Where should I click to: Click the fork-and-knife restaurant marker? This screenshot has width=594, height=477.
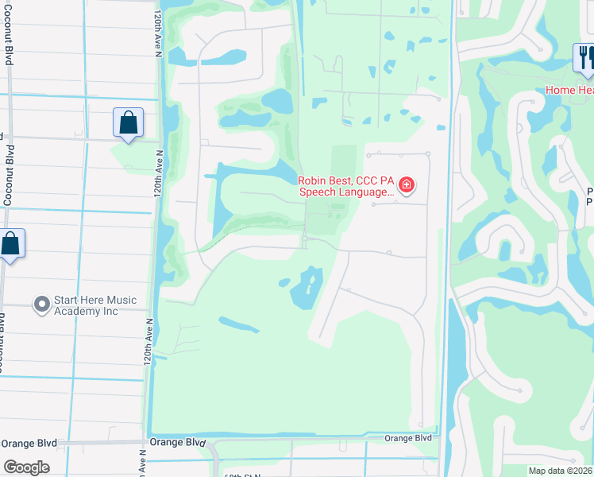[585, 58]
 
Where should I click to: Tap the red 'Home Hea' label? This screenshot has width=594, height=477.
[569, 90]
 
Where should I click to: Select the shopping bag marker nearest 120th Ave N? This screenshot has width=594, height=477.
[128, 122]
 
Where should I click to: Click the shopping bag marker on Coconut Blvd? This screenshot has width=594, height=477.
[10, 243]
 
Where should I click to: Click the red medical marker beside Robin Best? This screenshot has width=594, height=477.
[407, 186]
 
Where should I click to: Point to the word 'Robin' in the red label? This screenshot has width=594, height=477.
[314, 180]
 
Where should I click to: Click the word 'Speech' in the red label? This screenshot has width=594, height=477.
[316, 192]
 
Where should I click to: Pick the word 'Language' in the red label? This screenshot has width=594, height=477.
[362, 192]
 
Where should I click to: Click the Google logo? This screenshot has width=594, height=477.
[26, 467]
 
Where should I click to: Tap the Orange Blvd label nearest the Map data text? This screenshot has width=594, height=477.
[408, 438]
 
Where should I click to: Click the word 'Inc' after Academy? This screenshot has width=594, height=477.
[110, 311]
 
